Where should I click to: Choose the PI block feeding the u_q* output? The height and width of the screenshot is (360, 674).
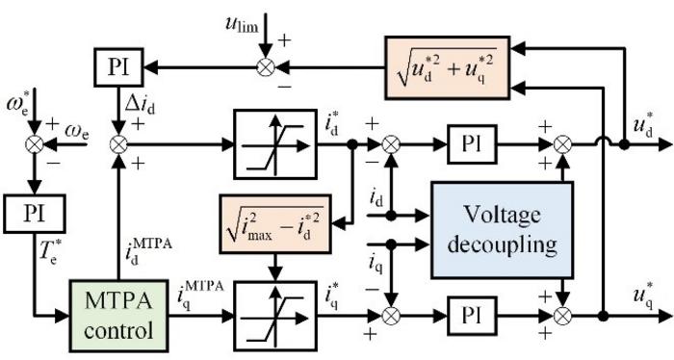click(x=471, y=315)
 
